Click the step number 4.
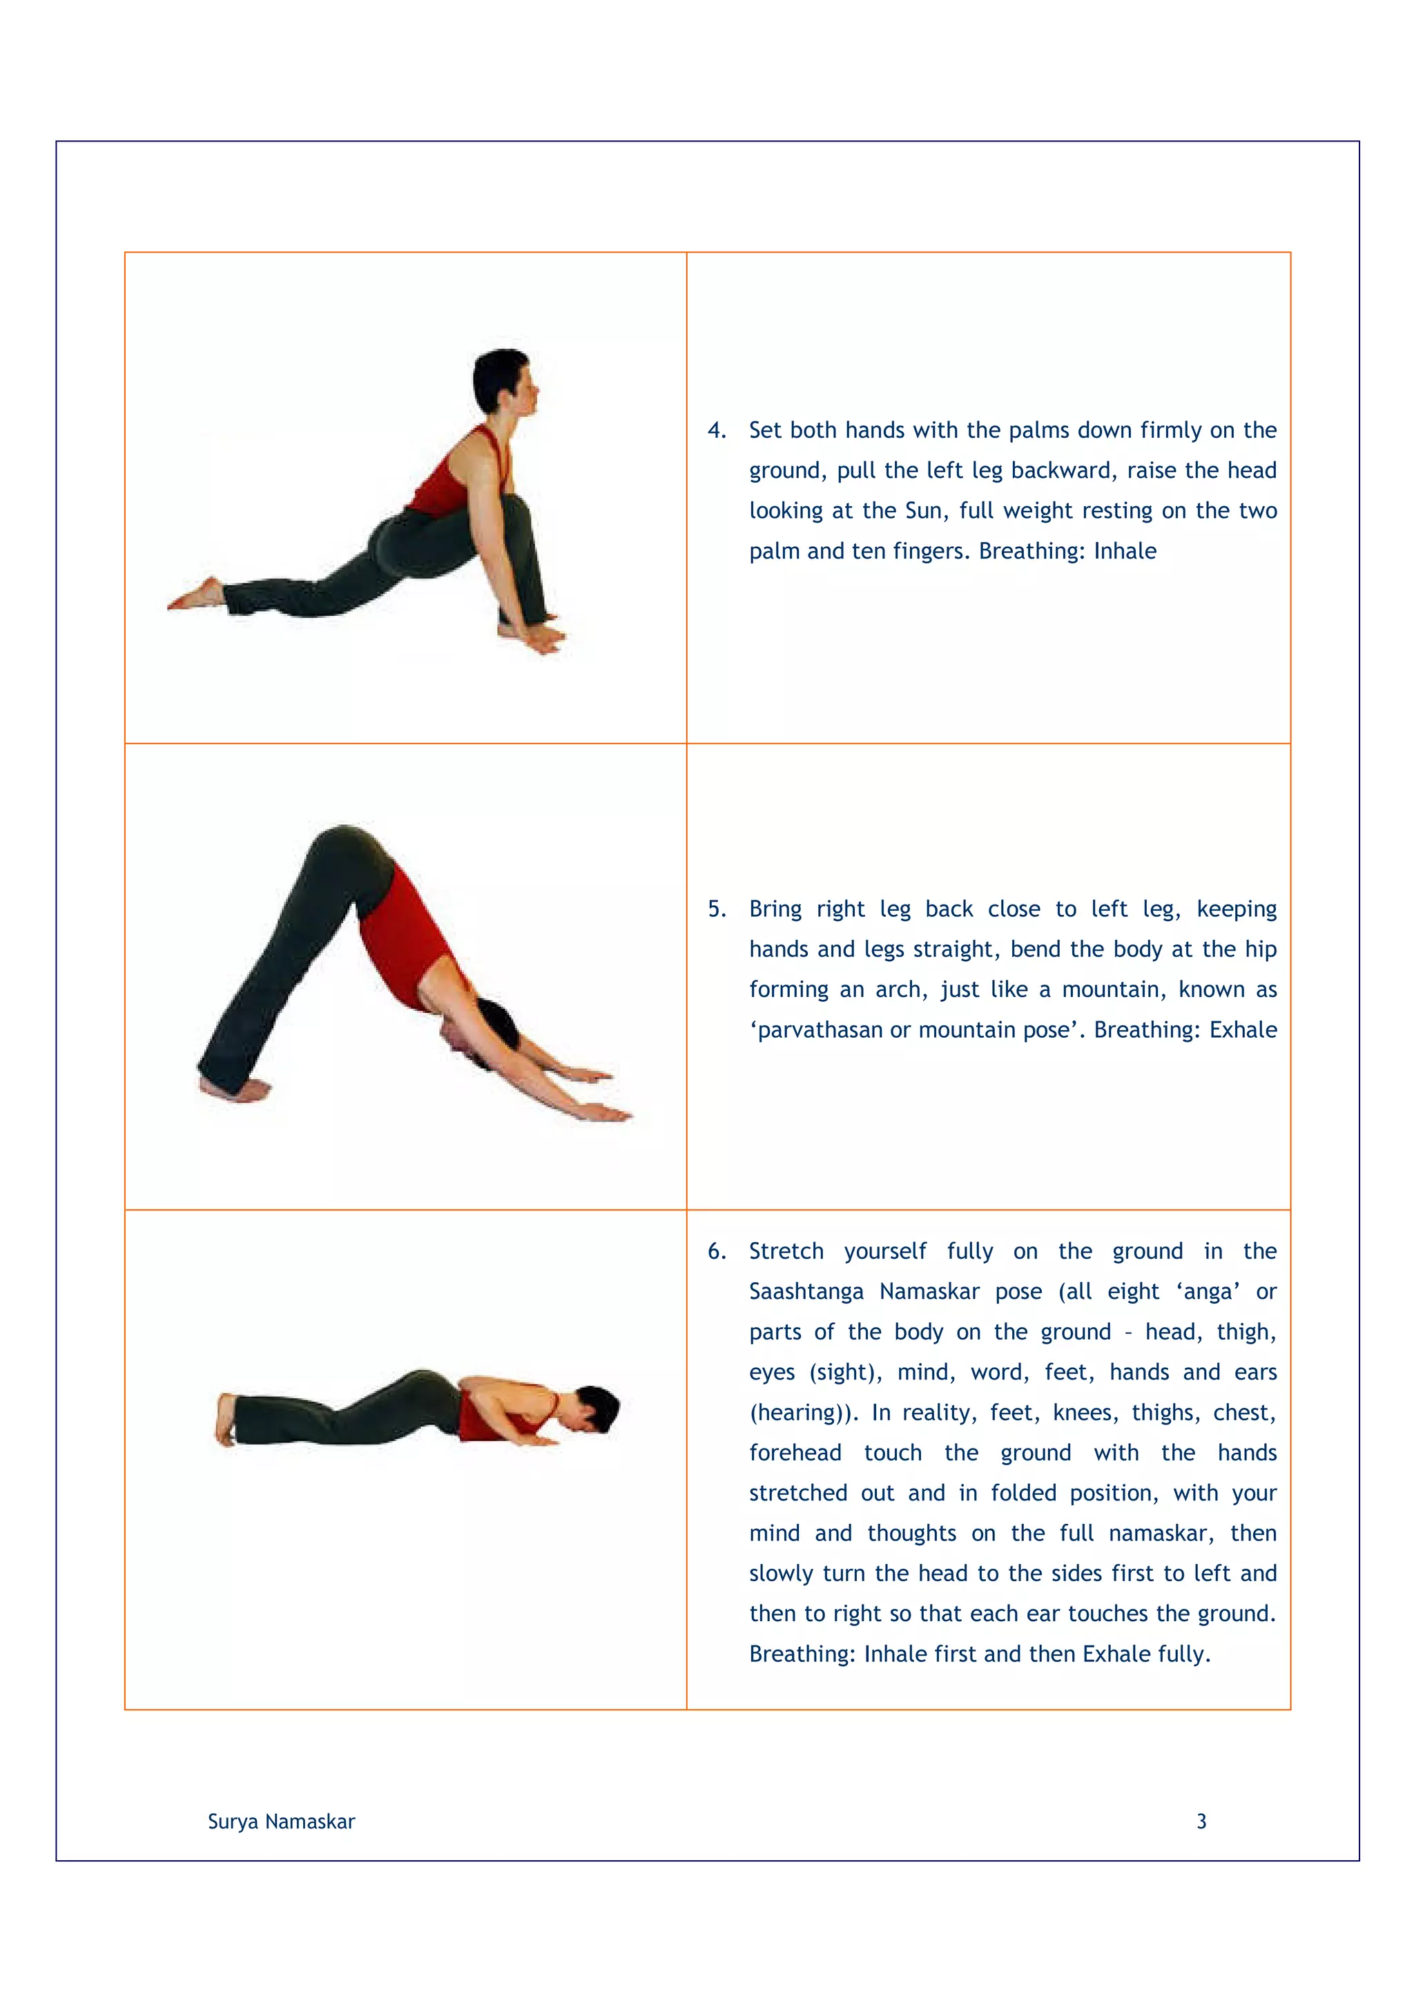pos(715,431)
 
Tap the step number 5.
pos(715,909)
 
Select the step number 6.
pos(715,1252)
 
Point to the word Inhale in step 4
pos(1125,551)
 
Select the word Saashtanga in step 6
pos(806,1292)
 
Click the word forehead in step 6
pos(795,1453)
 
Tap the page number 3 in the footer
pos(1201,1821)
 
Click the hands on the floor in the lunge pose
pos(533,635)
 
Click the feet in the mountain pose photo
pos(233,1087)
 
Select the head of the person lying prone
pos(592,1409)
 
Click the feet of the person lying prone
pos(226,1419)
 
